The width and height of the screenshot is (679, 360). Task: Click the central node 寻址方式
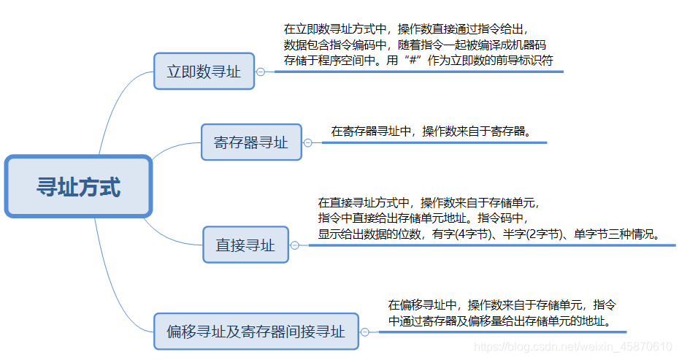(x=79, y=186)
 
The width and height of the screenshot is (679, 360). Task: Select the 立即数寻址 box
(x=204, y=72)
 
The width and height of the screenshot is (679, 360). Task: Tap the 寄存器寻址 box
(x=251, y=142)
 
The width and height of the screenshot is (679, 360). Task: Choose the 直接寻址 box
(x=245, y=245)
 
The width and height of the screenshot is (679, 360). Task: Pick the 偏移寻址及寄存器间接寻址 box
(x=256, y=332)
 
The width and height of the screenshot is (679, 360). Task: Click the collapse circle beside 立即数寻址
(x=261, y=72)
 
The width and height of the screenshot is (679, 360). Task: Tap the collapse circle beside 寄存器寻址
(x=307, y=143)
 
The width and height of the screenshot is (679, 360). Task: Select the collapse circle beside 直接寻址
(x=294, y=245)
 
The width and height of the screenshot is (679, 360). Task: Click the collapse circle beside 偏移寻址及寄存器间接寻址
(x=369, y=332)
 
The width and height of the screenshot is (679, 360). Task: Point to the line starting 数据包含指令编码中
(x=414, y=45)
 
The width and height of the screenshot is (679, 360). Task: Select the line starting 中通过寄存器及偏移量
(x=499, y=321)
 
